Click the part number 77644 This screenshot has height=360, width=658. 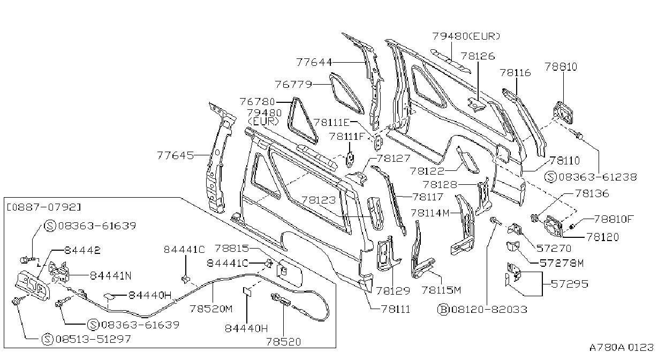coord(314,62)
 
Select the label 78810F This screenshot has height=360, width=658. coord(614,219)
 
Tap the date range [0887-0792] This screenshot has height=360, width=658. coord(44,207)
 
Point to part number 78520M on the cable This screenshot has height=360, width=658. coord(211,309)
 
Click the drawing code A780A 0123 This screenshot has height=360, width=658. coord(622,347)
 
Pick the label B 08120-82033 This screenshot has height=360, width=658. coord(482,310)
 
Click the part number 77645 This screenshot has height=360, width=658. coord(176,155)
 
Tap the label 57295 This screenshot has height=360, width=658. coord(570,284)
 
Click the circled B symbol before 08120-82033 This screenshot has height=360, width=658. coord(443,310)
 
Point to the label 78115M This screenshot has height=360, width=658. coord(441,290)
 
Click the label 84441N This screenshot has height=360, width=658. coord(110,276)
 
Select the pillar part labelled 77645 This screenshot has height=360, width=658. coord(220,158)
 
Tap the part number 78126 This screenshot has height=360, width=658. coord(478,56)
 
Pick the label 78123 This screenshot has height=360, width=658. coord(319,200)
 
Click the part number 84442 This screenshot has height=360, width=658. coord(82,250)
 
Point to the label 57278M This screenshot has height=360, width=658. coord(562,263)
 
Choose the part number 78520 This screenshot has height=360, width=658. coord(283,342)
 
